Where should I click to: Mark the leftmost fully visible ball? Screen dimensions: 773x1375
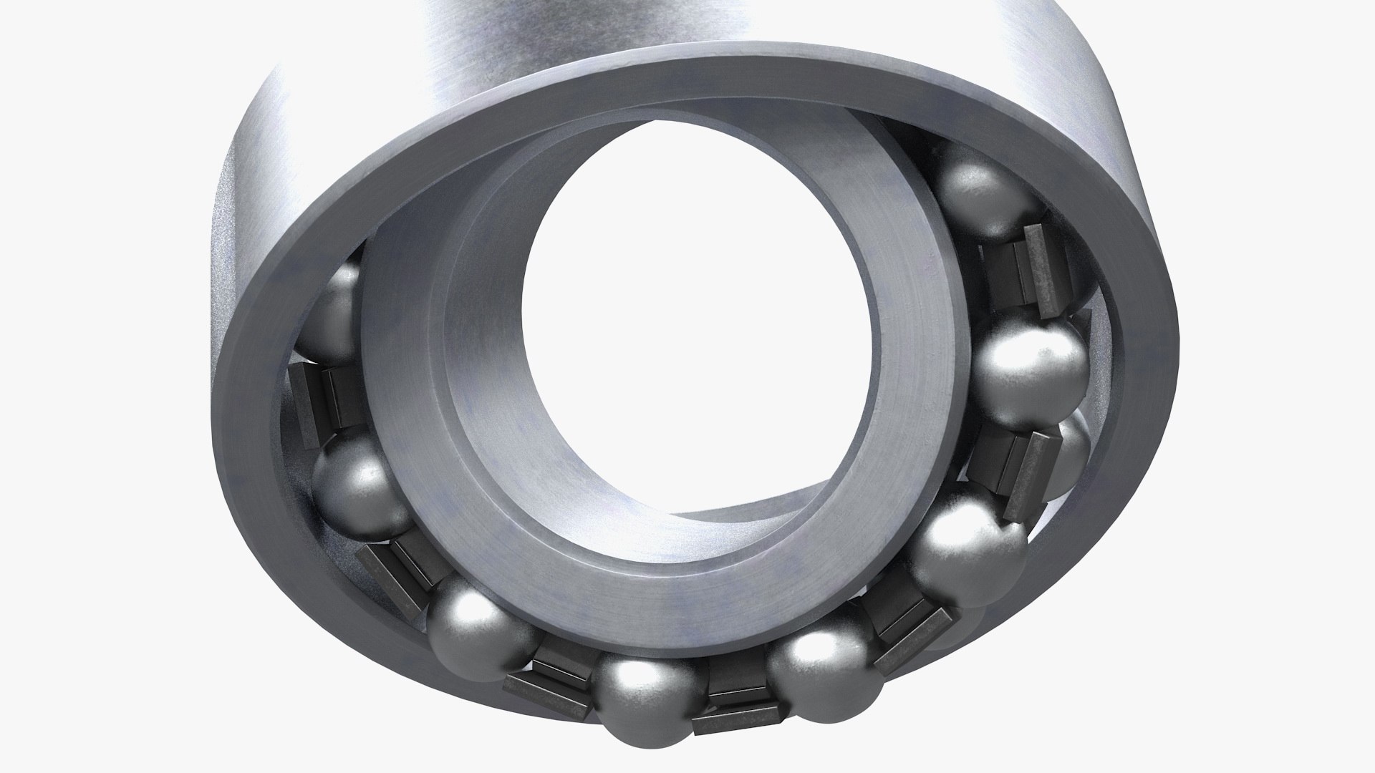354,487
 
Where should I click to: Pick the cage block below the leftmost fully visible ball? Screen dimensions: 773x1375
397,573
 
